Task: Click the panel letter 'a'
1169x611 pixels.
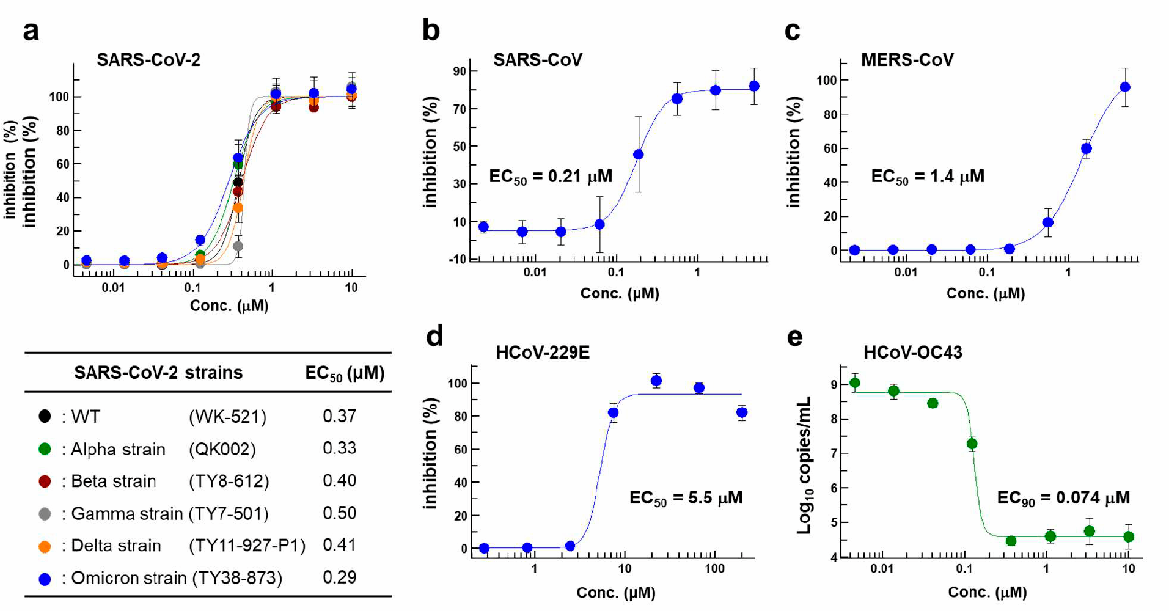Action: click(x=31, y=31)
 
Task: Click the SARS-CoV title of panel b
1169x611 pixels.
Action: click(x=538, y=60)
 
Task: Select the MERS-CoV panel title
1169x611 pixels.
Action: click(x=907, y=60)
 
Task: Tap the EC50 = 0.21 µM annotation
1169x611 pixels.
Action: click(x=551, y=177)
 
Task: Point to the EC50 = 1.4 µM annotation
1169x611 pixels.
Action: click(x=927, y=177)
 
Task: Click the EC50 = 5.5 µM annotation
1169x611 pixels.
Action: click(x=686, y=498)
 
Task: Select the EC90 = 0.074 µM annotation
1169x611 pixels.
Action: click(x=1063, y=498)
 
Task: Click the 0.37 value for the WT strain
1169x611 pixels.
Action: click(x=339, y=416)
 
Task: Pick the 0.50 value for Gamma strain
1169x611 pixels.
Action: click(x=339, y=513)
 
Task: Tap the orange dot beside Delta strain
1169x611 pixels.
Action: click(x=45, y=546)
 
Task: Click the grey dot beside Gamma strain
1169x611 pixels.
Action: click(x=45, y=514)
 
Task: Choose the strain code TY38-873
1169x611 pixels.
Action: click(x=237, y=578)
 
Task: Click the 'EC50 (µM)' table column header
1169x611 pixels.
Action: click(x=345, y=373)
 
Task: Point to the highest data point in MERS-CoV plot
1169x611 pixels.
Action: click(x=1124, y=87)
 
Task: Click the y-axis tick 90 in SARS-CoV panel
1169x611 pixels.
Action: click(x=459, y=71)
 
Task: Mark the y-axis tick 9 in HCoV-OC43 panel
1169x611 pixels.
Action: click(x=834, y=384)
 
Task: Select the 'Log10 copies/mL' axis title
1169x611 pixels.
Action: click(x=805, y=464)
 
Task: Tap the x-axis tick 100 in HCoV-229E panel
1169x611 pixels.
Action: click(x=714, y=569)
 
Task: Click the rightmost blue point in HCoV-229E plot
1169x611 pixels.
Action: click(x=742, y=413)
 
